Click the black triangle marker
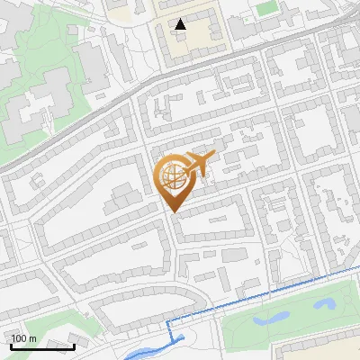coord(182,24)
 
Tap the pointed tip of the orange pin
coord(174,211)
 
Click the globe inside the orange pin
coord(174,178)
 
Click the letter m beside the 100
coord(32,338)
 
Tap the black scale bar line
coord(42,346)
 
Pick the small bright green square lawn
coord(265,8)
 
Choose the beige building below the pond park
coord(315,351)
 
